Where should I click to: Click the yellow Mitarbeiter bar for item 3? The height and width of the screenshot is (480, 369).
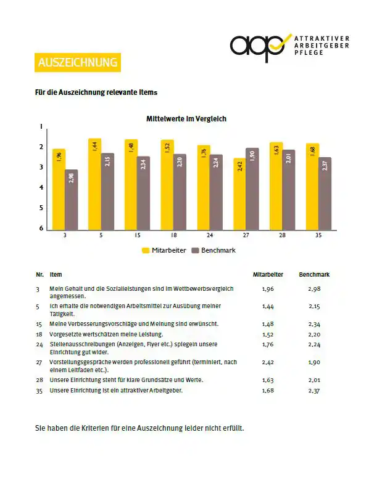tap(59, 189)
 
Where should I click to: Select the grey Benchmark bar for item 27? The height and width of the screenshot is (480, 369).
tap(252, 189)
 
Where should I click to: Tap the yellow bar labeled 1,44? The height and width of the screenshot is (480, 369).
tap(94, 184)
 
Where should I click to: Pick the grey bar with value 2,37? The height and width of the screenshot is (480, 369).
tap(325, 193)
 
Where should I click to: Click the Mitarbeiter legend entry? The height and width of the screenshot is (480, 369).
tap(164, 250)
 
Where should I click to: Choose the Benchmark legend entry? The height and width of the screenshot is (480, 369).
tap(214, 250)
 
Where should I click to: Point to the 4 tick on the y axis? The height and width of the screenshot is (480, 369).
tap(41, 187)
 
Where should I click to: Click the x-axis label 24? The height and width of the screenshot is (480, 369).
tap(210, 235)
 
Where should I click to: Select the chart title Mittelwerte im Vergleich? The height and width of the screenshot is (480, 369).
tap(186, 119)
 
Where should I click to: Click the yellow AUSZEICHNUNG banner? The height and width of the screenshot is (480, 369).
tap(78, 62)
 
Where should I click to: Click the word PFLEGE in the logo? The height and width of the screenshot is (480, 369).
tap(309, 52)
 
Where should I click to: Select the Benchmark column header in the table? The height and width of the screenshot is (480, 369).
tap(314, 275)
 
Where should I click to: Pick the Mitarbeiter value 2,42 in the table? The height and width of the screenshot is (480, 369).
tap(268, 362)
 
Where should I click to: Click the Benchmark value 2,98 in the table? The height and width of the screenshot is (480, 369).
tap(315, 289)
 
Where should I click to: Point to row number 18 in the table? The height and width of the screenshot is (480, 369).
tap(39, 335)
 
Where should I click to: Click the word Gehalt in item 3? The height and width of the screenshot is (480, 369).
tap(71, 288)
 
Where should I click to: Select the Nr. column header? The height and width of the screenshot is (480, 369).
tap(40, 275)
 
